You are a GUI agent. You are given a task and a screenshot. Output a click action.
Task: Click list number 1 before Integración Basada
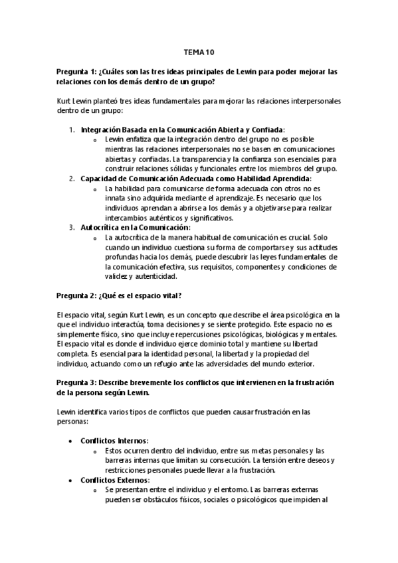point(72,129)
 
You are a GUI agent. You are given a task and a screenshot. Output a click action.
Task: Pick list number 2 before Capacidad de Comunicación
point(72,179)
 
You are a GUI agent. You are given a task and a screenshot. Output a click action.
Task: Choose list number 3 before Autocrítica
point(72,227)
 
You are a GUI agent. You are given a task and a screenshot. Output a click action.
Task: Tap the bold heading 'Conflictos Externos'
point(114,479)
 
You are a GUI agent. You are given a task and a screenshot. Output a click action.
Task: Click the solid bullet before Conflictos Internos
point(71,441)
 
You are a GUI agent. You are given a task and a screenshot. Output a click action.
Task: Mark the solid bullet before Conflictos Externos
point(71,480)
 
